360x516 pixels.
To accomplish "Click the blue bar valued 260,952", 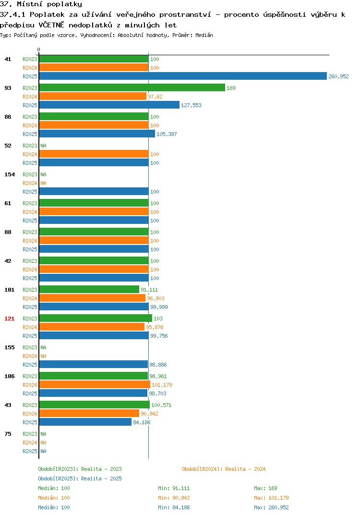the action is point(183,76).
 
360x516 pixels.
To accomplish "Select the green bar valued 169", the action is point(132,87).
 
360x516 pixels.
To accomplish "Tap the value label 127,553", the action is point(191,105).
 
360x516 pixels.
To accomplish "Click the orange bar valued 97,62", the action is point(93,96).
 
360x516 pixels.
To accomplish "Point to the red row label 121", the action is point(9,319).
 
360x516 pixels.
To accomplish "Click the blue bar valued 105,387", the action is point(97,134).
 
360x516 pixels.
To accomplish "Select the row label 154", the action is point(9,174).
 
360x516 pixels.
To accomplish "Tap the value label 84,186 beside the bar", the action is point(142,422).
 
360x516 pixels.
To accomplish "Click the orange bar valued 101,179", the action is point(95,384).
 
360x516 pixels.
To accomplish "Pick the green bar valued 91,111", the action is point(89,289).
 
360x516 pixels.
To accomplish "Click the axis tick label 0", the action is point(38,49).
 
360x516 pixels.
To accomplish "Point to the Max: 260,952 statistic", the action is point(271,507).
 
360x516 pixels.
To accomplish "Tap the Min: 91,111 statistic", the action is point(174,488).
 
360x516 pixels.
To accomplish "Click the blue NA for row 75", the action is point(43,451).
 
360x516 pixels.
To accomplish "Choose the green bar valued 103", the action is point(96,318).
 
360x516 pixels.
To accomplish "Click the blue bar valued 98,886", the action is point(94,364).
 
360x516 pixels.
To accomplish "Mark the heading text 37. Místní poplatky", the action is point(41,4).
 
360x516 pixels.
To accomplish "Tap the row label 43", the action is point(8,405).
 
